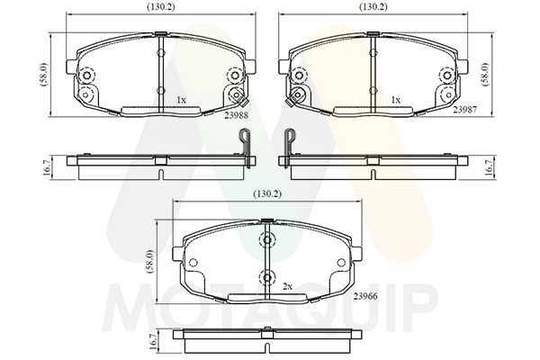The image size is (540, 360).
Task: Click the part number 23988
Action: [236, 116]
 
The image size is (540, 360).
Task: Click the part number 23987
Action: [465, 110]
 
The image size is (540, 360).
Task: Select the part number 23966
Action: [365, 296]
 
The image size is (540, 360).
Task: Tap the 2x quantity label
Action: [287, 286]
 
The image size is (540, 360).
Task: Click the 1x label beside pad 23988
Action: [181, 100]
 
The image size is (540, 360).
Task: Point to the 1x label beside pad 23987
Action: [396, 100]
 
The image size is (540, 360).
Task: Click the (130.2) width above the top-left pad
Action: [161, 7]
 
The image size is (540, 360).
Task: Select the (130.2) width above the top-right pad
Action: [373, 7]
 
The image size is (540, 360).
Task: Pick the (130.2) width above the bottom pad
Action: [267, 194]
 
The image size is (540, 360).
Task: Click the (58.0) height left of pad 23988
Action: [45, 75]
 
